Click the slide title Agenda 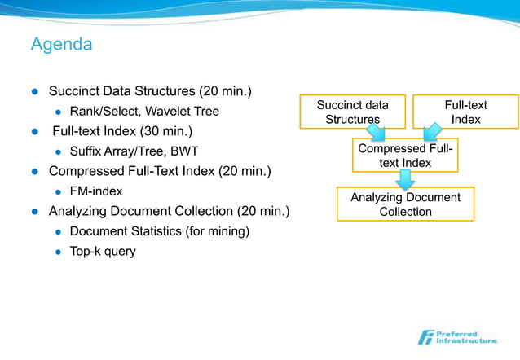pos(61,44)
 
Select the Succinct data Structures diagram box pos(352,112)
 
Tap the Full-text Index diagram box pos(465,112)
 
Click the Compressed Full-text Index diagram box pos(405,156)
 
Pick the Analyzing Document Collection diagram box pos(405,204)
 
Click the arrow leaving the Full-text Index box pos(429,131)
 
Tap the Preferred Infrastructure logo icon pos(426,336)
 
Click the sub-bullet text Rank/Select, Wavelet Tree pos(144,111)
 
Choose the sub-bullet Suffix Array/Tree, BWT pos(134,151)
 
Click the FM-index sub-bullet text pos(96,191)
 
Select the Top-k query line pos(103,251)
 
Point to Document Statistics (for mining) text pos(159,231)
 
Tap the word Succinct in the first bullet pos(77,90)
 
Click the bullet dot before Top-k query pos(58,252)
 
